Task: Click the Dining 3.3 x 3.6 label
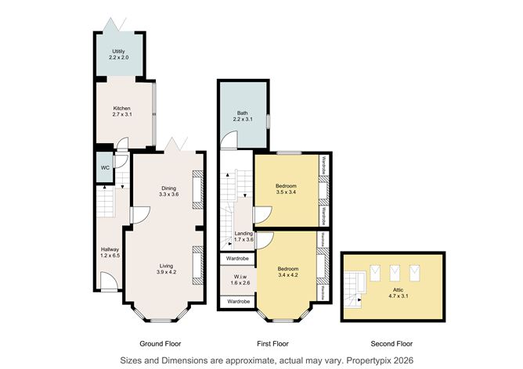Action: (x=169, y=190)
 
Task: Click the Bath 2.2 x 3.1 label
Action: (x=243, y=116)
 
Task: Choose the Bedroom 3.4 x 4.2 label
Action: (x=288, y=270)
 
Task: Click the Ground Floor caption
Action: (x=160, y=343)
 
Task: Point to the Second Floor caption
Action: (x=391, y=343)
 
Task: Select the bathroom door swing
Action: (x=228, y=140)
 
